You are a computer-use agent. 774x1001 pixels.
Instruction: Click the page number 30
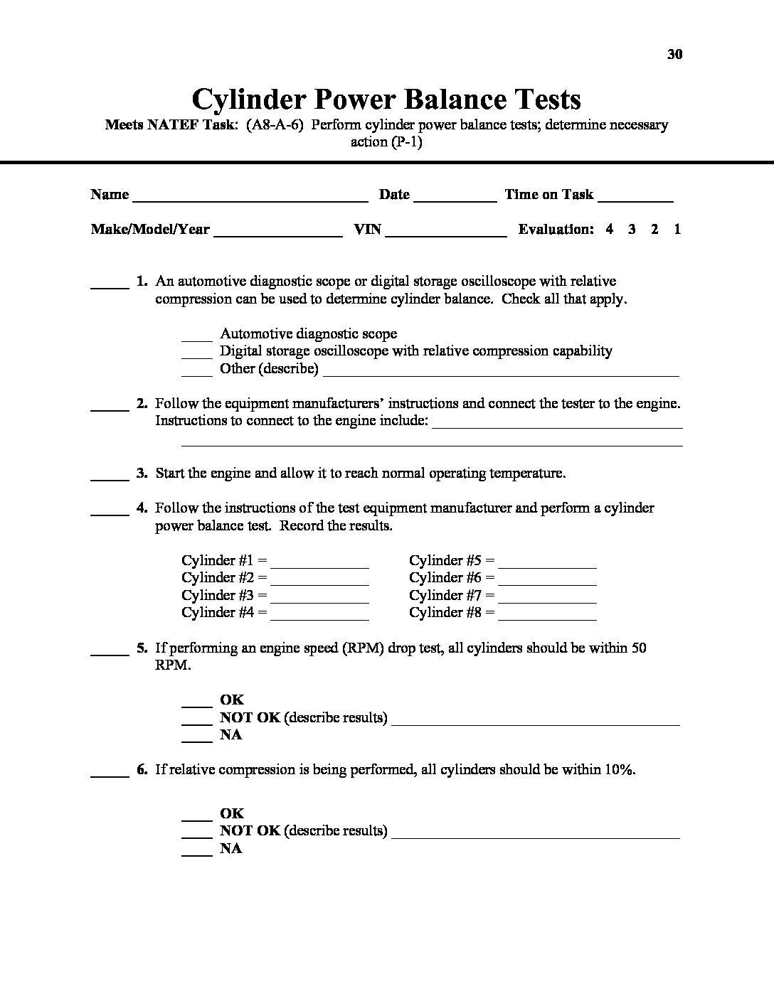675,55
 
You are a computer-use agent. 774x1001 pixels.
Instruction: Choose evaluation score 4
610,230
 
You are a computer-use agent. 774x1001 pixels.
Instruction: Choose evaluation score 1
677,230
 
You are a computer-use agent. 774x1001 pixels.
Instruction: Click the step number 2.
142,404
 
